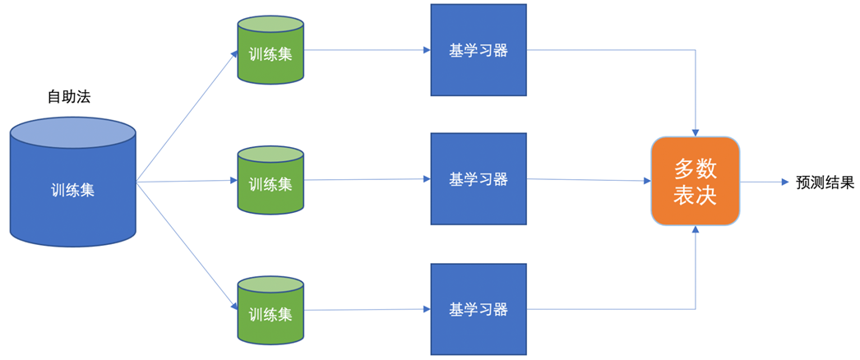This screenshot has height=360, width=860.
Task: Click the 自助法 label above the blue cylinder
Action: point(69,97)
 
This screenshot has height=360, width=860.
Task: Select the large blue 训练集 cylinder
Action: point(72,190)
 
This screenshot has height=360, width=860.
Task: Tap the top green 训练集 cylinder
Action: point(270,54)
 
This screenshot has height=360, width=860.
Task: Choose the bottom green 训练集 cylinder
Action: point(270,314)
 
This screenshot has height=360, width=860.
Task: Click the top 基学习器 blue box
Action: point(479,50)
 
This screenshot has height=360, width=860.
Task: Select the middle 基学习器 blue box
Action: point(479,179)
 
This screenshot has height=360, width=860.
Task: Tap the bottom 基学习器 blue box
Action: point(479,309)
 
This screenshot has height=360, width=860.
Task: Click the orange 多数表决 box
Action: point(696,182)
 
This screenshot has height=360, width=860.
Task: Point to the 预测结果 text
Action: point(825,182)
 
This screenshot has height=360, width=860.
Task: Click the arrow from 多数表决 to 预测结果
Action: point(764,182)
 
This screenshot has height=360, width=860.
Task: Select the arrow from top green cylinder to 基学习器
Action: point(367,50)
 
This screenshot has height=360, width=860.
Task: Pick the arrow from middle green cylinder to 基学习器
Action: point(367,179)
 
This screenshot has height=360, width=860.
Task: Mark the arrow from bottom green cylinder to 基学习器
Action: point(367,309)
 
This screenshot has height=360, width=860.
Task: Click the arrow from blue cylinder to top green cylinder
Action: point(187,116)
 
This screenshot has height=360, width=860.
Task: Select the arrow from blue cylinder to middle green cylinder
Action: point(187,181)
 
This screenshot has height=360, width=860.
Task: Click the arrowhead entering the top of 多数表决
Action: point(696,132)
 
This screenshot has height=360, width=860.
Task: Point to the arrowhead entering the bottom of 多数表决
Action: point(696,231)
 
